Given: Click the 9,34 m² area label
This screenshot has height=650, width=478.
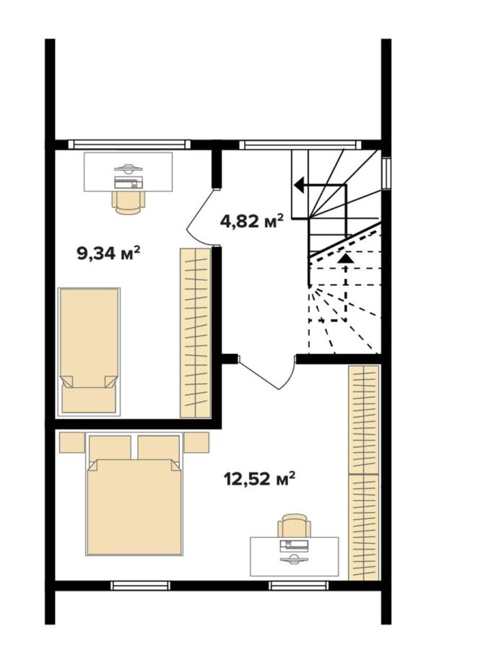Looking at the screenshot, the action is (108, 252).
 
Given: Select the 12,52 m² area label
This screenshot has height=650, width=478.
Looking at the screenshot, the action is (259, 479).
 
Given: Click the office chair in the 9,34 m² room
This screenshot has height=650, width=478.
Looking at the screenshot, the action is (129, 203).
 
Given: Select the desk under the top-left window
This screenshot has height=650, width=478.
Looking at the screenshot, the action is (128, 172).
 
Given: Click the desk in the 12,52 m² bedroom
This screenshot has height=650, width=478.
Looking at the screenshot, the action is (294, 556).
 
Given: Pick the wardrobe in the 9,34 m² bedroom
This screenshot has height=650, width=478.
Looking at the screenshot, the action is (195, 332).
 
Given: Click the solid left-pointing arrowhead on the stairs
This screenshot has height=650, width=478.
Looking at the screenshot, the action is (299, 186).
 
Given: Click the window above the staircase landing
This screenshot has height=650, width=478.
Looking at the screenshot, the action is (300, 144).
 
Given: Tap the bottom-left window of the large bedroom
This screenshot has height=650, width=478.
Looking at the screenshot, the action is (141, 585).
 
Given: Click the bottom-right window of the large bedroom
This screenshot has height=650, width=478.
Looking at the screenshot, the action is (298, 585).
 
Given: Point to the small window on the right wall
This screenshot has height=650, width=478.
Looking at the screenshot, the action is (386, 173).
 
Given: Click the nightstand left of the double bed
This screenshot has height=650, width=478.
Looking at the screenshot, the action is (72, 442).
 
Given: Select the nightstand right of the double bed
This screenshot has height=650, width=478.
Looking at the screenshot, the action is (196, 442).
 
